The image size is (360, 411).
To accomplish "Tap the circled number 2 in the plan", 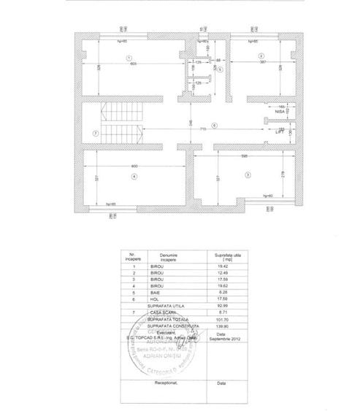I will pos(259,56).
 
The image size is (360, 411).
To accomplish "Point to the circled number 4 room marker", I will pos(134,177).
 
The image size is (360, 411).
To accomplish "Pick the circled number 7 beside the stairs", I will pos(95,132).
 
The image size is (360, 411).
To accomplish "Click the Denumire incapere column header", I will pos(166,257).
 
